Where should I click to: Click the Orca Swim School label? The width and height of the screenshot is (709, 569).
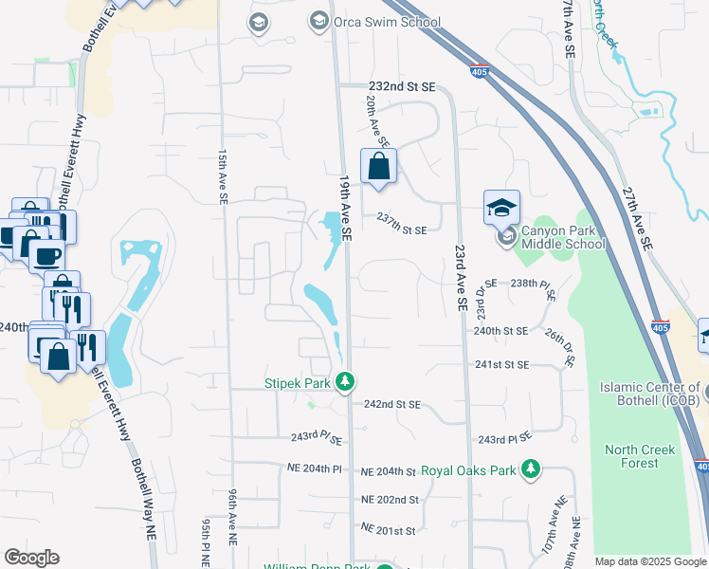click(x=387, y=22)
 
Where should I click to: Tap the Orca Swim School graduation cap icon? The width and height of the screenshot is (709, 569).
click(x=318, y=21)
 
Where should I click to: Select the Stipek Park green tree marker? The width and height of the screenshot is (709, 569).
click(x=347, y=382)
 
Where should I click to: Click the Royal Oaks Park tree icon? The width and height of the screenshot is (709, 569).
click(x=533, y=469)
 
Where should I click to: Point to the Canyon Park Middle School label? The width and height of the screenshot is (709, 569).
click(x=563, y=237)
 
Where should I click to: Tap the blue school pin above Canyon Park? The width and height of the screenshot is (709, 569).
click(x=502, y=208)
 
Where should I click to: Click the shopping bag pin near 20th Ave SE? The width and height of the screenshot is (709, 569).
click(x=378, y=167)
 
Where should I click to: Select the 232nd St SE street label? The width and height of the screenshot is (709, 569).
click(x=401, y=86)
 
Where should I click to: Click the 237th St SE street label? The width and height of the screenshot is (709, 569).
click(x=402, y=229)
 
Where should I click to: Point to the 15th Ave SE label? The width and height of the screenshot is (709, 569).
click(x=224, y=176)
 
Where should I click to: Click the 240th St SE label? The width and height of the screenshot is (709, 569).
click(x=500, y=331)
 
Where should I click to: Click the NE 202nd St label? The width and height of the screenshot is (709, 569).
click(x=390, y=499)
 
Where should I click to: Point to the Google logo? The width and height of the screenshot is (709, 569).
click(x=31, y=558)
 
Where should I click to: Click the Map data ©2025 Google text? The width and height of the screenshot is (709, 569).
click(x=648, y=561)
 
